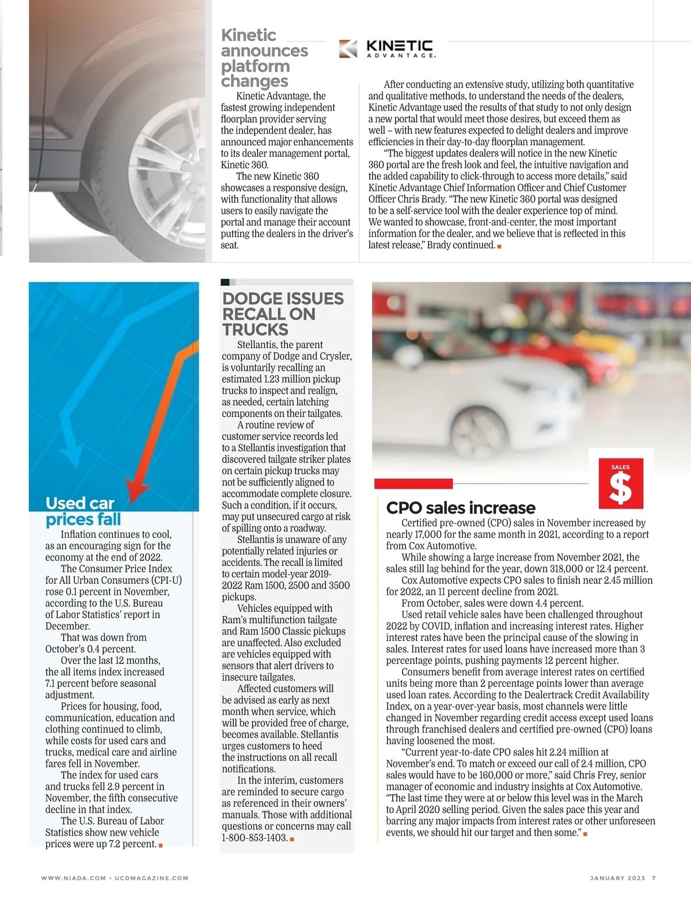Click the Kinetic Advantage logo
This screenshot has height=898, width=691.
(x=387, y=48)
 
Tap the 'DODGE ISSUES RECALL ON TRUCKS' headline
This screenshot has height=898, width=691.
(x=283, y=314)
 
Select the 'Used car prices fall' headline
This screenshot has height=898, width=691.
(x=83, y=511)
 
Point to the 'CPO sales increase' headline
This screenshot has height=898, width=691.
(x=461, y=508)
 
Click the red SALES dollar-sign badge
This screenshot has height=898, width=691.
(x=621, y=483)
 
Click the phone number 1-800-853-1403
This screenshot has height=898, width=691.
(x=255, y=837)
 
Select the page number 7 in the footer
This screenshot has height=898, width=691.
(x=654, y=878)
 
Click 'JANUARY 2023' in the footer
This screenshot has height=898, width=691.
(x=617, y=878)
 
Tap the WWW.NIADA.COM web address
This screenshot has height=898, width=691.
(x=73, y=878)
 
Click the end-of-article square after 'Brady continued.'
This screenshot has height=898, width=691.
(x=499, y=246)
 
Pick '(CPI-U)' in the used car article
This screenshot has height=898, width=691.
(x=166, y=580)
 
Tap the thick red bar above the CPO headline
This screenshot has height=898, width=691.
(x=413, y=484)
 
